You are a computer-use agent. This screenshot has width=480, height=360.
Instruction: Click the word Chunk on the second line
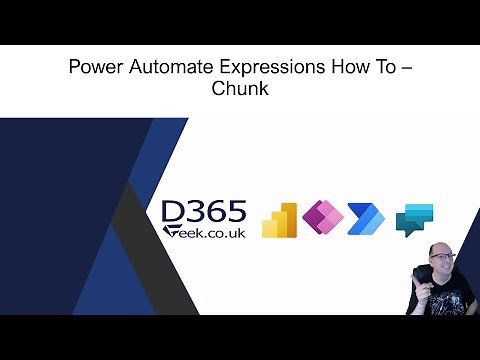tap(239, 90)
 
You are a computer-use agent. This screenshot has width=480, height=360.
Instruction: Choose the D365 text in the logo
tap(204, 212)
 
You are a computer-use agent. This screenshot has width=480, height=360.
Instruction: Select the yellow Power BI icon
tap(279, 219)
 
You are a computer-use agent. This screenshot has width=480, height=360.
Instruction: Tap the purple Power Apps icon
tap(322, 218)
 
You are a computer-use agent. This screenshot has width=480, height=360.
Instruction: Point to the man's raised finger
tap(416, 270)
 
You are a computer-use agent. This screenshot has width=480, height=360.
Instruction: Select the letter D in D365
tap(174, 212)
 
